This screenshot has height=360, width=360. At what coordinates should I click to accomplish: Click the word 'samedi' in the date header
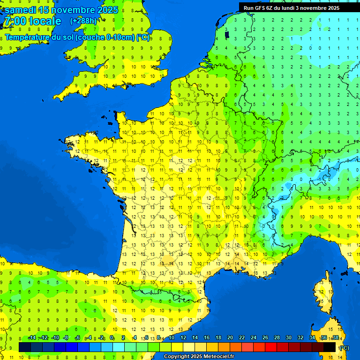21,10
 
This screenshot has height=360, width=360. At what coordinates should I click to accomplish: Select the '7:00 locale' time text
32,21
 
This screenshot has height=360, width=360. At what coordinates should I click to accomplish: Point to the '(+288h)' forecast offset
83,21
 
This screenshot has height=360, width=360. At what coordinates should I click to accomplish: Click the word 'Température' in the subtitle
30,37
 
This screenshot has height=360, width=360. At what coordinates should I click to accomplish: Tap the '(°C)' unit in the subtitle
143,37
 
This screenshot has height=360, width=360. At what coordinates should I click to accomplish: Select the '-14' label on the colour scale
32,338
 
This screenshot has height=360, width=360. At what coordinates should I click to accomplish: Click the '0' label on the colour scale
112,338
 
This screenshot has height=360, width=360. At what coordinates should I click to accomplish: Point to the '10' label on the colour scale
172,338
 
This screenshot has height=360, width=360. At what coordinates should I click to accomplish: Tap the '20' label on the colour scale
230,338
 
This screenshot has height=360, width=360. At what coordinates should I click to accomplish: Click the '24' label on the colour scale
253,338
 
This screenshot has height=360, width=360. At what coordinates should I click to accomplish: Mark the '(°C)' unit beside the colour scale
344,348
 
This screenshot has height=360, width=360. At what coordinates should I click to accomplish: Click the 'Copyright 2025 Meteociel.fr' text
199,357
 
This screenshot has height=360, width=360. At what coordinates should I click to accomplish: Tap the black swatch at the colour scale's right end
330,347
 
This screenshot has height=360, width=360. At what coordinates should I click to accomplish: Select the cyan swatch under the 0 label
119,347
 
